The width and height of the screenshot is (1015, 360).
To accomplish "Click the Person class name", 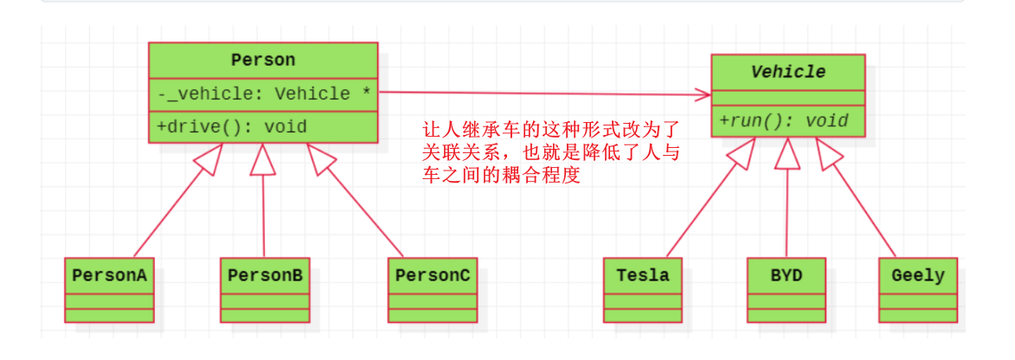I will click(263, 60).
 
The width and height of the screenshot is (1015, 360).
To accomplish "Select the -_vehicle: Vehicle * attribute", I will click(264, 93).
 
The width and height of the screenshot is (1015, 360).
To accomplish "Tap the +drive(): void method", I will click(232, 126).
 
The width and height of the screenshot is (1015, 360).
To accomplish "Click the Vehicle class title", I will click(787, 72).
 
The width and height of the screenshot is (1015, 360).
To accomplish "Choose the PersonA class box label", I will click(109, 275).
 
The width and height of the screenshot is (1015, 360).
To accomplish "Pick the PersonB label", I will click(265, 275).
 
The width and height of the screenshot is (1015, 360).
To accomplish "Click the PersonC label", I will click(433, 275).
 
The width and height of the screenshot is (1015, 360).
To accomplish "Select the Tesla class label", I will click(643, 275).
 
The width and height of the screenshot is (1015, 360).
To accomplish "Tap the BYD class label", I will click(787, 275).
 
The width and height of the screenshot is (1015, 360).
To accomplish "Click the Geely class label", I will click(917, 275).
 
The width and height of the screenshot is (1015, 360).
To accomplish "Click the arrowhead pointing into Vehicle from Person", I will click(703, 93).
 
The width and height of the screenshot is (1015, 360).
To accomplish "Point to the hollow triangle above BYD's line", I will click(787, 153).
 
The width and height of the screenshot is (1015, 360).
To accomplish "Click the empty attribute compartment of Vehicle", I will click(787, 95).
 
